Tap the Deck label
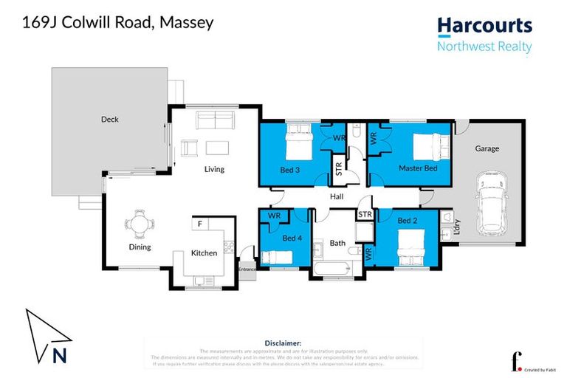pos(109,119)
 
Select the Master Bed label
pos(418,169)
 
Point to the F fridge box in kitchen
pos(199,222)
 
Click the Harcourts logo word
pos(484,26)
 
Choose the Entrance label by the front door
pos(246,269)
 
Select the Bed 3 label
pos(290,169)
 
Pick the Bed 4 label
pos(292,238)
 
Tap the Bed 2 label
pos(408,221)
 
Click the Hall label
pos(337,196)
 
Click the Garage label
pos(487,148)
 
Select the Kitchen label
pos(205,253)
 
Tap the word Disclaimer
pos(283,343)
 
